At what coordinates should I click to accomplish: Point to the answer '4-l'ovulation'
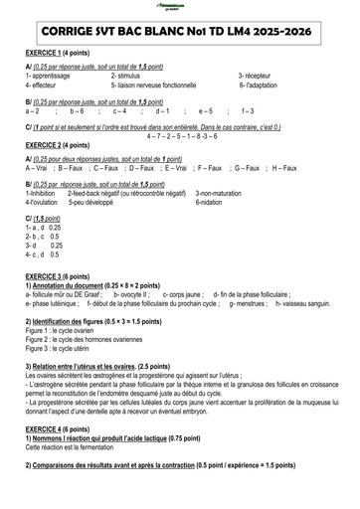[x=48, y=202]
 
